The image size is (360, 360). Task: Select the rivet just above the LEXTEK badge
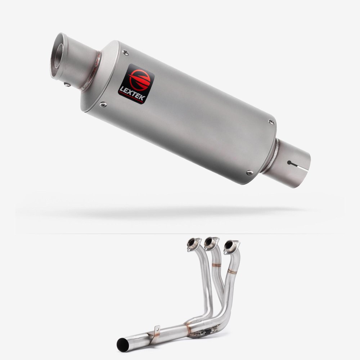click(x=126, y=53)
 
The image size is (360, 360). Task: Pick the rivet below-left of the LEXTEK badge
click(x=103, y=105)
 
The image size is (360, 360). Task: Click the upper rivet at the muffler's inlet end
click(x=271, y=122)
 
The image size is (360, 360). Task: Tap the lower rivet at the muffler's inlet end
click(x=249, y=172)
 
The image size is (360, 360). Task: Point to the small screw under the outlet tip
click(x=67, y=85)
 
